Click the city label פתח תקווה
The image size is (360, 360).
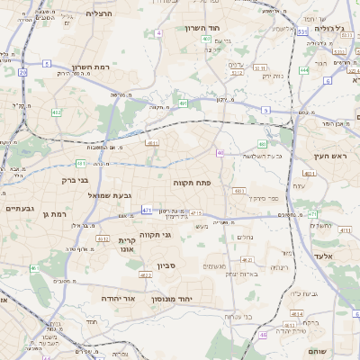click(x=192, y=182)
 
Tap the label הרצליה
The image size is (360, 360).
click(x=99, y=13)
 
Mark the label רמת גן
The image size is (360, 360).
click(x=56, y=214)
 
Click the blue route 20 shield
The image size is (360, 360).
click(x=22, y=71)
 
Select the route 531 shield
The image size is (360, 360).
click(x=302, y=31)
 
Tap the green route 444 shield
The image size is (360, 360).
click(x=304, y=69)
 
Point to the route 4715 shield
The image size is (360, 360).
click(x=196, y=212)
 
